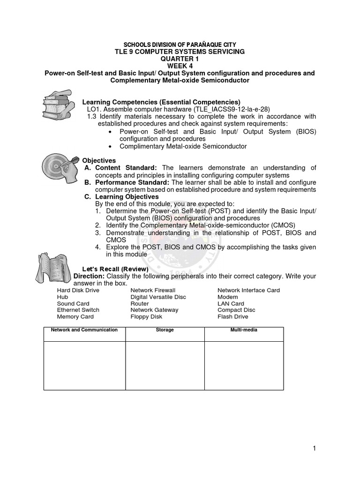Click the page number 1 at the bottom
(315, 449)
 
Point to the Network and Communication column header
(84, 330)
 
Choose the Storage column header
(165, 330)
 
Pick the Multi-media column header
(244, 330)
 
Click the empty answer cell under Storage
(165, 366)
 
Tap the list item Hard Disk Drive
(78, 290)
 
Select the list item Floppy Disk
(146, 316)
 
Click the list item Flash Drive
(232, 316)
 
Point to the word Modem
(227, 297)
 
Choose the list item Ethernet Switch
(78, 310)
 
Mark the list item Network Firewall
(153, 290)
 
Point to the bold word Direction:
(89, 276)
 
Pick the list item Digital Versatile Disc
(158, 297)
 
